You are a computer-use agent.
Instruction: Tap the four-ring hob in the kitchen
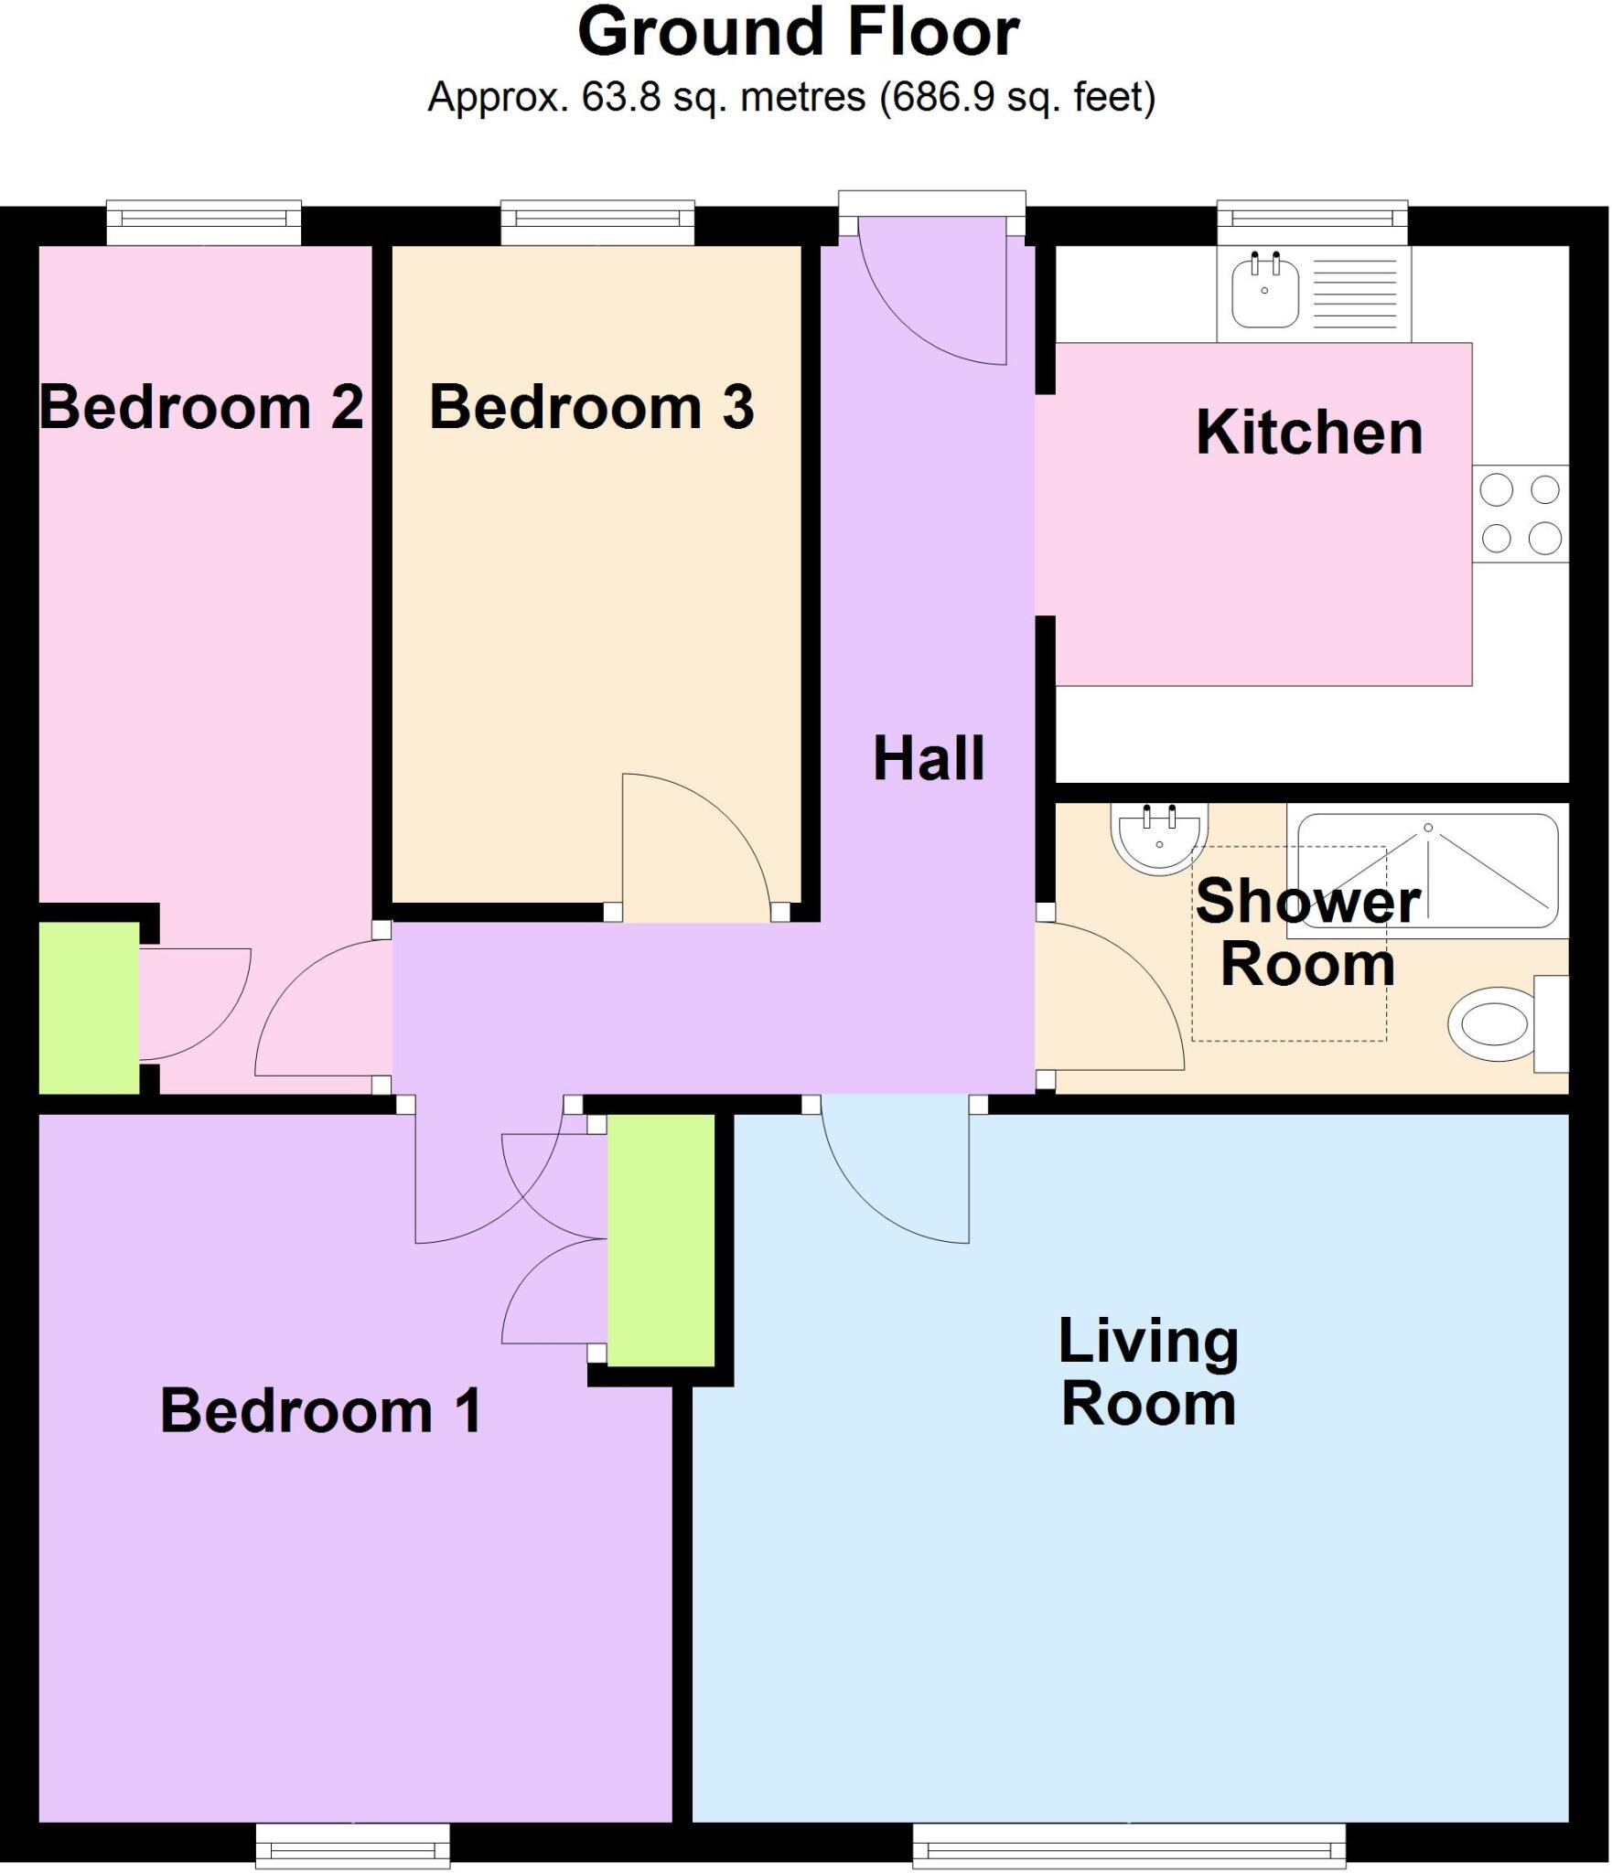(x=1520, y=514)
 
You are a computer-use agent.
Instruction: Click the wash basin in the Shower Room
(x=1159, y=838)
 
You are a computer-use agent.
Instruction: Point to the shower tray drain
(x=1427, y=828)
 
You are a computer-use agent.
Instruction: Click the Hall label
(x=929, y=759)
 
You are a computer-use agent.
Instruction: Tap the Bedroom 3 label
(x=591, y=407)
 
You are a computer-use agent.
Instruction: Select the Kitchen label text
(x=1309, y=433)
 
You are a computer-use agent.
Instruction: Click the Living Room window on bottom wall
(x=1129, y=1846)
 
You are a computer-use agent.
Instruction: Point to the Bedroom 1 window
(x=352, y=1846)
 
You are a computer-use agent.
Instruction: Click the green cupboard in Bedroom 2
(x=89, y=1007)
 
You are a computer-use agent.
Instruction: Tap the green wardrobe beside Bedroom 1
(x=661, y=1239)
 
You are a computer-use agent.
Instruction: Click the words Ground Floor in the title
(x=798, y=33)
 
